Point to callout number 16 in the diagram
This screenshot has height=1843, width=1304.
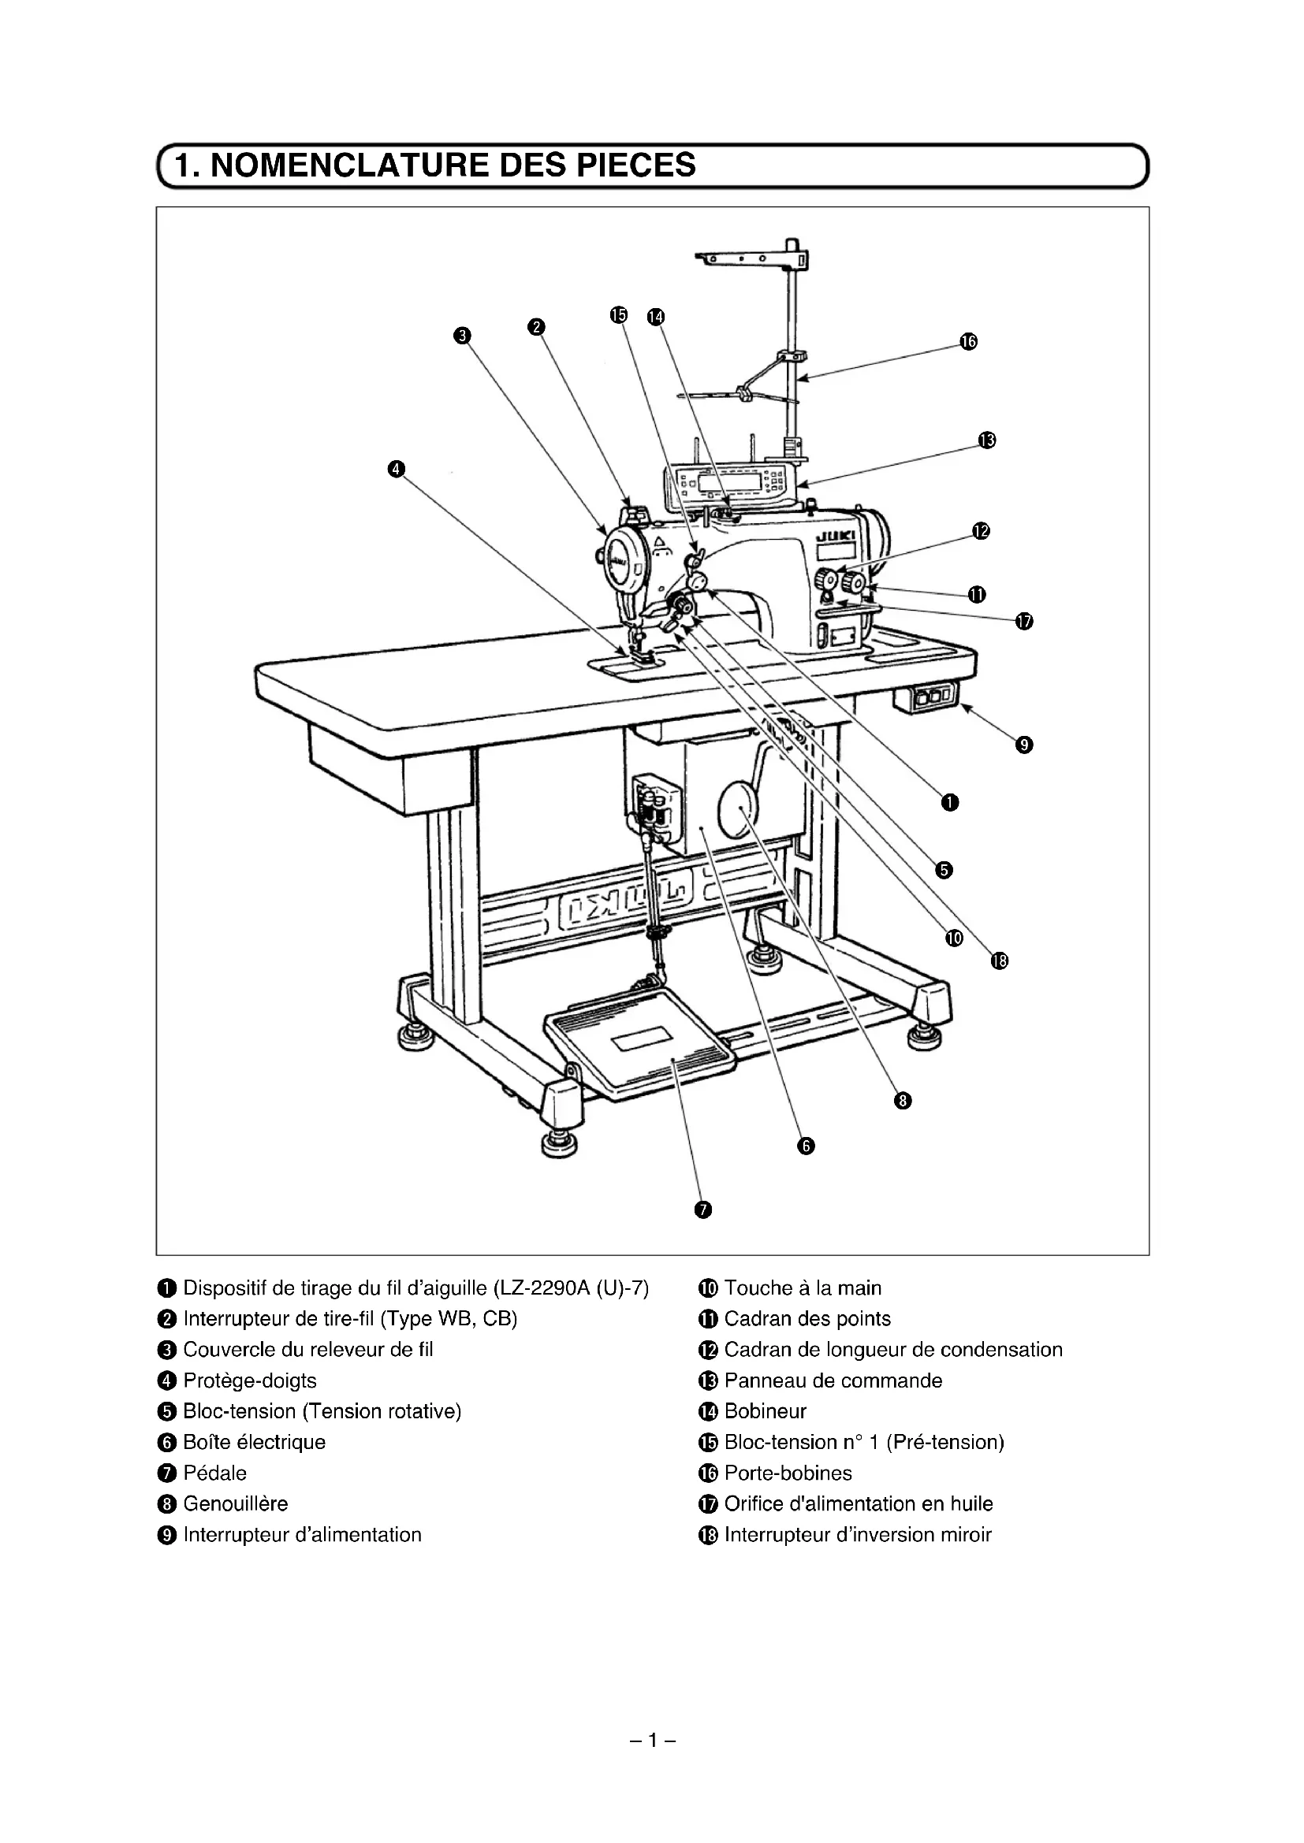click(968, 342)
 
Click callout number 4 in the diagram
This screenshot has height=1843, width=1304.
click(396, 469)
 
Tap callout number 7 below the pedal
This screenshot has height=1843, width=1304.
click(702, 1209)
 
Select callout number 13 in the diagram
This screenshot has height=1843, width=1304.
click(987, 440)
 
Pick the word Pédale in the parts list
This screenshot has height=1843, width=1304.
click(214, 1473)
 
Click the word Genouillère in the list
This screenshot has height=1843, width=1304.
click(235, 1503)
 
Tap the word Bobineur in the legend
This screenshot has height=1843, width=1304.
click(766, 1411)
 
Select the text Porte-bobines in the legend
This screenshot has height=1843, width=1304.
click(788, 1473)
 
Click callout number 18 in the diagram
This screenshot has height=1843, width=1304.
click(999, 961)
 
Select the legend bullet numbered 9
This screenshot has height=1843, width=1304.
click(167, 1536)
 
